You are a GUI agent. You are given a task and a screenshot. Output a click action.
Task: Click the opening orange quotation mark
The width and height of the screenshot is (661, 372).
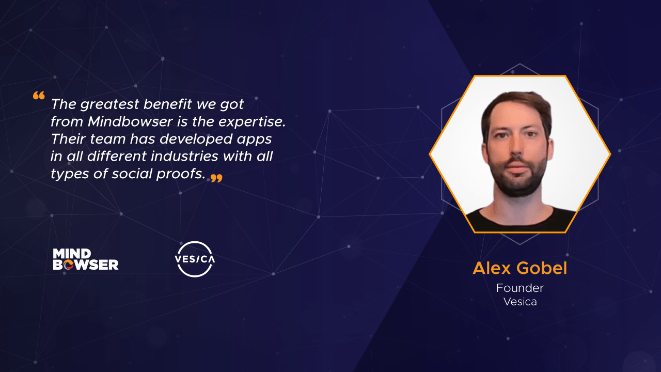click(39, 96)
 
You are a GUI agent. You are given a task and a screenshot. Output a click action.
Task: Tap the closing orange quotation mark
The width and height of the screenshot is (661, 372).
click(216, 178)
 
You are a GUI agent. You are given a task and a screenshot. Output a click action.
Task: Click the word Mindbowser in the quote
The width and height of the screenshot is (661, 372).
click(130, 121)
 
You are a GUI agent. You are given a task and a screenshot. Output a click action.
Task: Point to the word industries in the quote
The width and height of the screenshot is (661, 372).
click(184, 156)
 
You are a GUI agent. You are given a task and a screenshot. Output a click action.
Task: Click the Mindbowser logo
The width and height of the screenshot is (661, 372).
click(86, 259)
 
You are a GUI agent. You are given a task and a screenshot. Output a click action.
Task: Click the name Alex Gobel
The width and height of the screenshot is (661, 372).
click(520, 268)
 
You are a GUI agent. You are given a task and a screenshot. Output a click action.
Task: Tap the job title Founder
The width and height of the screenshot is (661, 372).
click(520, 288)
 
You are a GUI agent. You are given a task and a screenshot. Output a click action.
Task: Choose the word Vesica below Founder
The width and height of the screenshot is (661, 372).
click(520, 302)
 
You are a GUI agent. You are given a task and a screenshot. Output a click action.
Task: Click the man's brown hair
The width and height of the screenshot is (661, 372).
click(516, 102)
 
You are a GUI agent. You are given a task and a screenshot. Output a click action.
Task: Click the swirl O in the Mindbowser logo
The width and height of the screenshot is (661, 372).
click(68, 265)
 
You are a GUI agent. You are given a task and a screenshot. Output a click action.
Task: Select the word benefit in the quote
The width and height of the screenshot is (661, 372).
click(168, 104)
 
